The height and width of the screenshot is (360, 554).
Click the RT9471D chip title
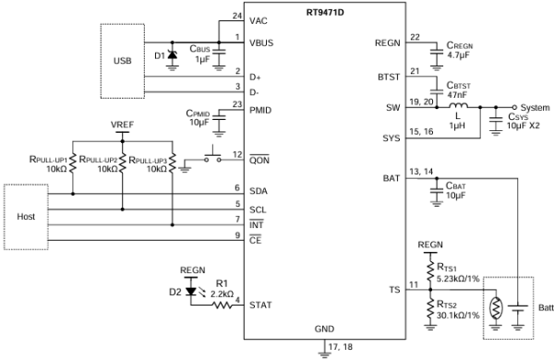point(325,13)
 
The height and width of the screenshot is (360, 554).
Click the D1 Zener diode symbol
point(172,54)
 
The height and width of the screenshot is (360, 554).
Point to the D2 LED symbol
point(191,291)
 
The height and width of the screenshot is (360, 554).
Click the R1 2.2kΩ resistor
point(223,305)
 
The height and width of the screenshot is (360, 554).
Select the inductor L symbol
point(459,105)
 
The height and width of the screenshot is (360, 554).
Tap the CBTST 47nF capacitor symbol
point(437,90)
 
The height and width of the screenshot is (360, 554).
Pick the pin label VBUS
point(261,43)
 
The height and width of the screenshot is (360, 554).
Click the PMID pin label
point(260,111)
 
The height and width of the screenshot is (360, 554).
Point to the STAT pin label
point(260,305)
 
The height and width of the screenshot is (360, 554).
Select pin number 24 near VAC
point(237,16)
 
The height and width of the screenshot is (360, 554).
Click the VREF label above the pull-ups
point(122,125)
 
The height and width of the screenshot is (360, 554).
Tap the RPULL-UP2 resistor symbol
point(123,162)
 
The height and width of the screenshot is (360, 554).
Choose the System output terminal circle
point(514,107)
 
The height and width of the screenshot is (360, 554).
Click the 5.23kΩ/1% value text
point(458,279)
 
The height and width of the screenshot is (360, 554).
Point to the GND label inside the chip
point(324,330)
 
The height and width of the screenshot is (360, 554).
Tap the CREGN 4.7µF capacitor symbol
point(437,51)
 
